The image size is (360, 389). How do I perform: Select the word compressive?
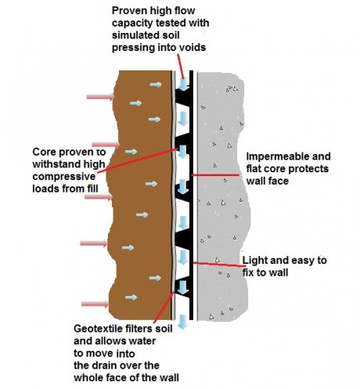click(x=64, y=177)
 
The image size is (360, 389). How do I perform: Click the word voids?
click(x=193, y=47)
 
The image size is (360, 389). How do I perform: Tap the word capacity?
click(x=132, y=23)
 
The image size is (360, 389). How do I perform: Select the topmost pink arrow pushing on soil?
click(x=100, y=97)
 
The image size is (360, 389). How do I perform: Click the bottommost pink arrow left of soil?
click(x=95, y=304)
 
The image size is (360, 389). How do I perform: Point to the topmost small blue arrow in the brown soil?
click(x=156, y=85)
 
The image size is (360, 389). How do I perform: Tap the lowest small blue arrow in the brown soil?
click(x=131, y=297)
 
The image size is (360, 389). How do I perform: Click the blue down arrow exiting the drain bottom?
click(x=183, y=322)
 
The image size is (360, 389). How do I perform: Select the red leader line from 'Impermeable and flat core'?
click(x=215, y=175)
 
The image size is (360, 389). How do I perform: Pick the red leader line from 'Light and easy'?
click(x=218, y=265)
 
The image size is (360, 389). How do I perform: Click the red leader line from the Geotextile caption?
click(x=164, y=308)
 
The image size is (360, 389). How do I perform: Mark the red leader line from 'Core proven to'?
click(x=138, y=160)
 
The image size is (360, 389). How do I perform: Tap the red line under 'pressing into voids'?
click(x=181, y=67)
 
